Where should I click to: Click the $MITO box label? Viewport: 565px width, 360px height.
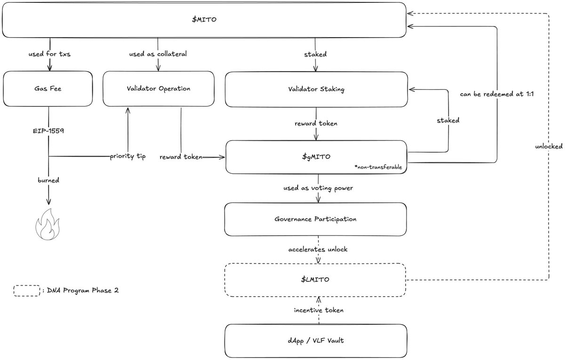[x=204, y=19]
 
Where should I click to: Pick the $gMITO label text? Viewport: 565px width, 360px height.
[x=316, y=157]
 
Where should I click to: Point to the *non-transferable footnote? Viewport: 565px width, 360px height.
[x=378, y=167]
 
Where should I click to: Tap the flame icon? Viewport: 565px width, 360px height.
[x=48, y=224]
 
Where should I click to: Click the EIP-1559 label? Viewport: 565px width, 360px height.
[x=48, y=131]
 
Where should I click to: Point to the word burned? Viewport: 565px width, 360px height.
[x=48, y=180]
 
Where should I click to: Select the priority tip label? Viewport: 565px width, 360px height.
[x=128, y=156]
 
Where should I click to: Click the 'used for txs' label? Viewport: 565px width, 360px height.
[x=49, y=54]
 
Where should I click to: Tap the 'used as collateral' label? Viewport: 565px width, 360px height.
[x=158, y=54]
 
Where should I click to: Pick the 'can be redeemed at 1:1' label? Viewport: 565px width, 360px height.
[x=497, y=94]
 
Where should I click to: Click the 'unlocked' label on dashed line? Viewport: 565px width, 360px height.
[x=549, y=146]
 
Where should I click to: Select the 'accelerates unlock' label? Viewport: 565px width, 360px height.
[x=318, y=249]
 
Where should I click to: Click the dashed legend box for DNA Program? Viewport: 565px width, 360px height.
[x=27, y=291]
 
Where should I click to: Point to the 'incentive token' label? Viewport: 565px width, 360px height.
[x=319, y=310]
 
